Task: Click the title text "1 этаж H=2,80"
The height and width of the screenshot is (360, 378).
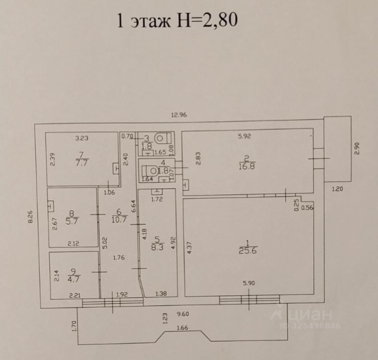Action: click(177, 21)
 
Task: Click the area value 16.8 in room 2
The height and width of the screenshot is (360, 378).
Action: click(247, 166)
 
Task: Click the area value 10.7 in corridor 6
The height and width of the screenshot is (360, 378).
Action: click(119, 220)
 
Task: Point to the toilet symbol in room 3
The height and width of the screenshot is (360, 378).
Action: click(159, 138)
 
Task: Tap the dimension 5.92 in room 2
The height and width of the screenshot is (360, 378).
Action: click(244, 136)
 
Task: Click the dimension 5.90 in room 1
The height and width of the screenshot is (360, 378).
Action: click(249, 283)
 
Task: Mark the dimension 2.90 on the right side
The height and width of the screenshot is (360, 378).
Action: click(358, 148)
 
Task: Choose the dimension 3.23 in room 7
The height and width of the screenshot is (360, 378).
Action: click(81, 138)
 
